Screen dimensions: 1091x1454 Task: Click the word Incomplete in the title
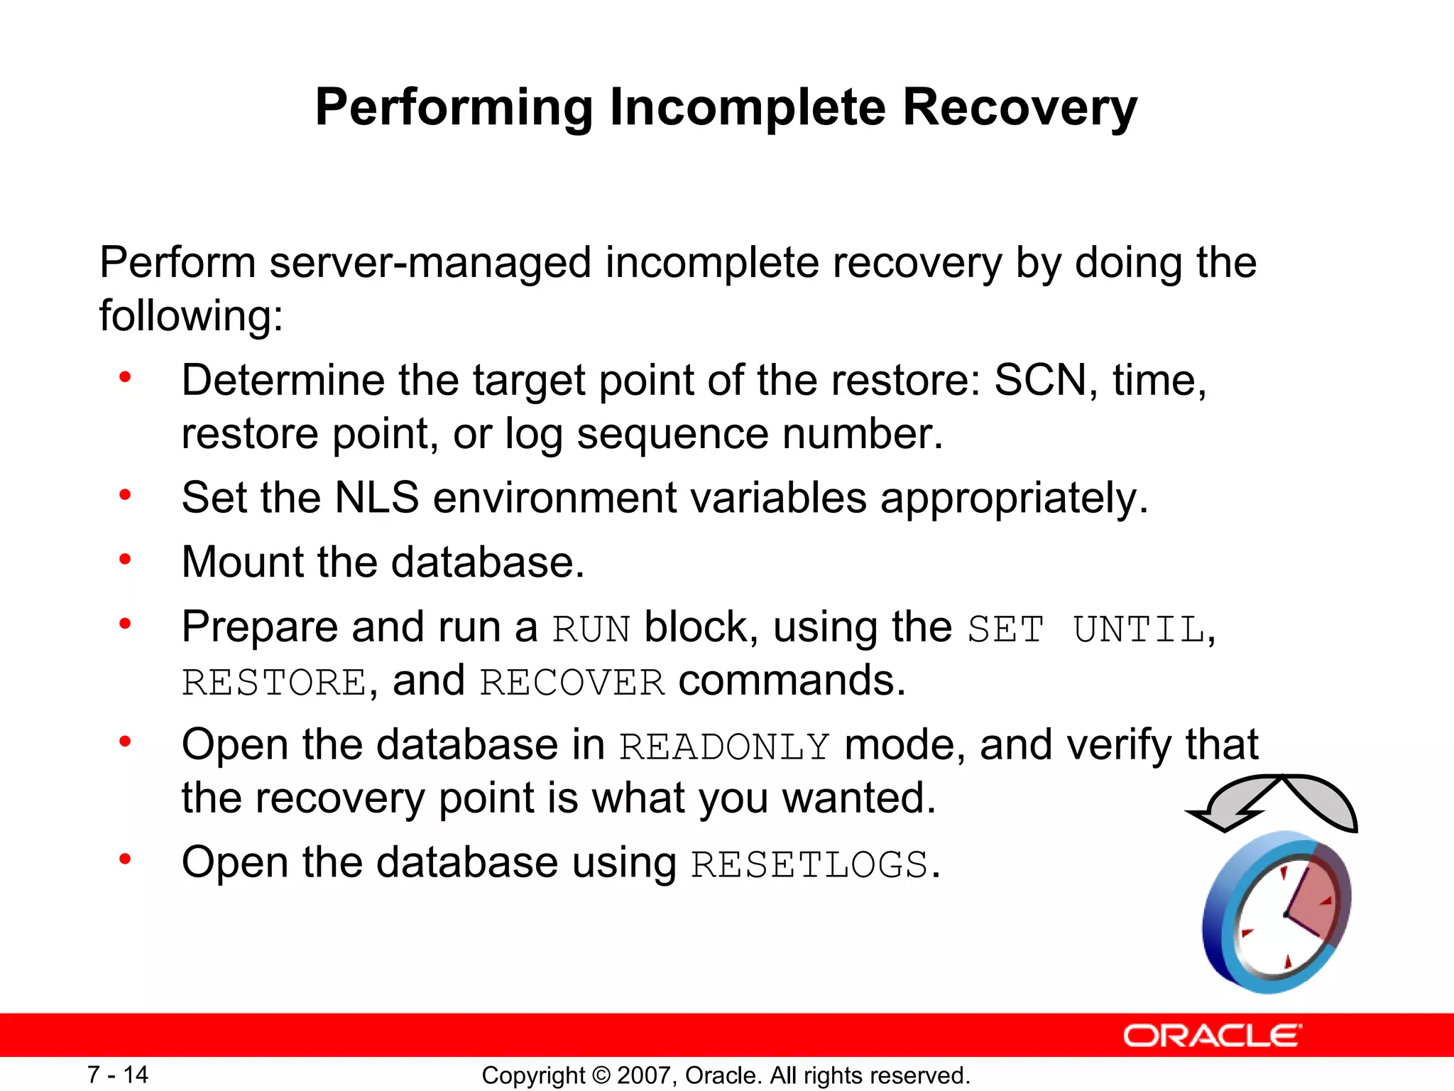pos(748,108)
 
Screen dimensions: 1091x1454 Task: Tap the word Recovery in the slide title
pos(1020,108)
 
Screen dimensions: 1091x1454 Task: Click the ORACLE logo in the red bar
pos(1212,1036)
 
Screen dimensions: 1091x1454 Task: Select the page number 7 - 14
pos(118,1075)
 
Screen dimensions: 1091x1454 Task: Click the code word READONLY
pos(724,747)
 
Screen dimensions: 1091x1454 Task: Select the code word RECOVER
pos(572,683)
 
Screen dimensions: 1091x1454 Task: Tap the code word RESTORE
pos(274,683)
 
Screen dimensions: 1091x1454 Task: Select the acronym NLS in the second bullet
pos(376,497)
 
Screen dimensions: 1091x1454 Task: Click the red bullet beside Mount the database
pos(126,560)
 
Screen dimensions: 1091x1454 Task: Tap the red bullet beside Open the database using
pos(126,859)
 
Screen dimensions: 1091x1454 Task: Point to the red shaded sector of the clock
pos(1313,902)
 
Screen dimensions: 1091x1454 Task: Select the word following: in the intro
pos(191,316)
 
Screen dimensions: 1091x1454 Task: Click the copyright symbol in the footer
pos(601,1075)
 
